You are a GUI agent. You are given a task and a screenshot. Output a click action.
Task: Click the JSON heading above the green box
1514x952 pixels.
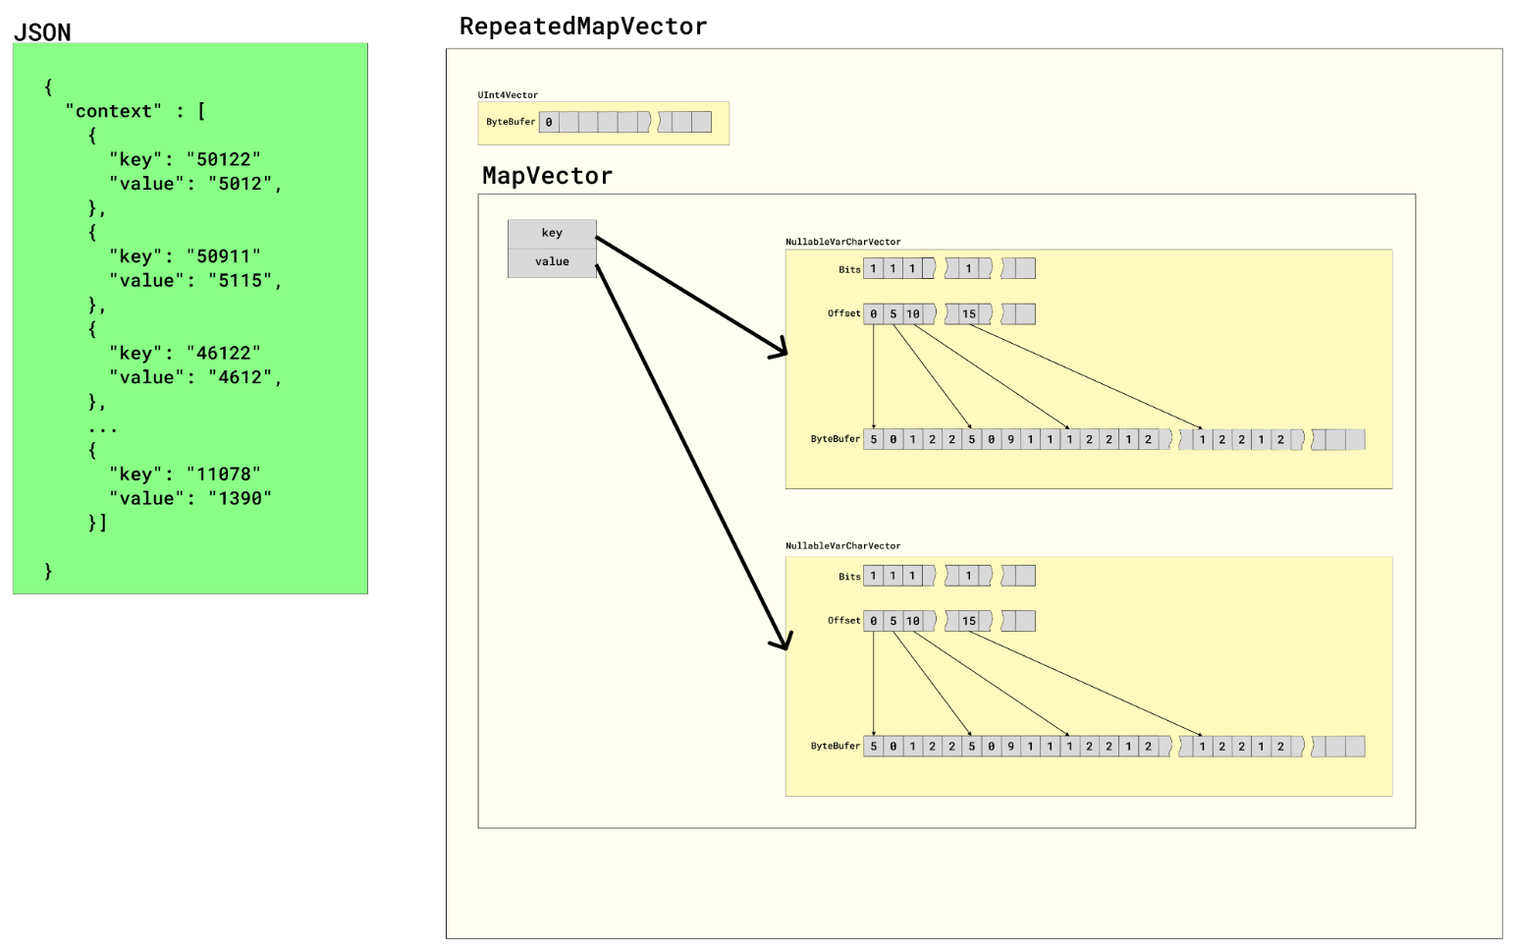[x=42, y=32]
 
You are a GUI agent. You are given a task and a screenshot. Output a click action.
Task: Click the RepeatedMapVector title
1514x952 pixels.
[x=582, y=27]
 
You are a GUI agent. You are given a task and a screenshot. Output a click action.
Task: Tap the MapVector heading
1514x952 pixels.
[x=547, y=176]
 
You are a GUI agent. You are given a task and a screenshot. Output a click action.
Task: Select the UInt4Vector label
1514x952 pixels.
[x=508, y=95]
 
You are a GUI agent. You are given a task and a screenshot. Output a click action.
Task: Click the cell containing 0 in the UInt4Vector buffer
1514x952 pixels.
[x=549, y=123]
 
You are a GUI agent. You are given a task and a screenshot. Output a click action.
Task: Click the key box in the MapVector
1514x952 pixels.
[x=552, y=234]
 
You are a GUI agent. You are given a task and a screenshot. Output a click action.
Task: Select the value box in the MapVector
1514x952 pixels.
[x=552, y=262]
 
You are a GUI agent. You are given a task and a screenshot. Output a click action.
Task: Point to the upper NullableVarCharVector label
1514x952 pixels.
[x=842, y=242]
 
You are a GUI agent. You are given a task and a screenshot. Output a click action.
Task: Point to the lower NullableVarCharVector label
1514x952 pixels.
[x=842, y=546]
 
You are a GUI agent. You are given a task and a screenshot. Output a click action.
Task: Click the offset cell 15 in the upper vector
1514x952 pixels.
[x=969, y=314]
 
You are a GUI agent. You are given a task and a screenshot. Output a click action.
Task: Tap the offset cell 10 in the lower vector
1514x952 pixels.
[x=913, y=621]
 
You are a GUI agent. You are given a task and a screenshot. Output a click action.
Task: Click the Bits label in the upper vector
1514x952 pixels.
[x=849, y=269]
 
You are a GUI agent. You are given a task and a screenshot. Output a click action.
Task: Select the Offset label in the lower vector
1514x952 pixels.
[x=843, y=621]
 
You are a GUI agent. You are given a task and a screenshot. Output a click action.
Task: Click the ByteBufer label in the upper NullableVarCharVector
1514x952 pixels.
[x=835, y=439]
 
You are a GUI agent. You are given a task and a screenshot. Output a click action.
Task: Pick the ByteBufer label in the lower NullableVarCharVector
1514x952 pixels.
[x=835, y=747]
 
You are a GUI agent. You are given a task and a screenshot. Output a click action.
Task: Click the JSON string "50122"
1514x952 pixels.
[x=223, y=159]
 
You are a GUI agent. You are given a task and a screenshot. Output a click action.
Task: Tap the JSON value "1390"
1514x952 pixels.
[x=240, y=498]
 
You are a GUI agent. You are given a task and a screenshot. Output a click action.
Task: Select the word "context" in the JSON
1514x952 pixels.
[x=113, y=111]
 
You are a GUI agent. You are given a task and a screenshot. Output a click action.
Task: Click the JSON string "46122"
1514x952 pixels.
[x=223, y=353]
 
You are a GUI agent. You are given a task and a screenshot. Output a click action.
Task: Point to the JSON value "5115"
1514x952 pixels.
[x=240, y=280]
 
